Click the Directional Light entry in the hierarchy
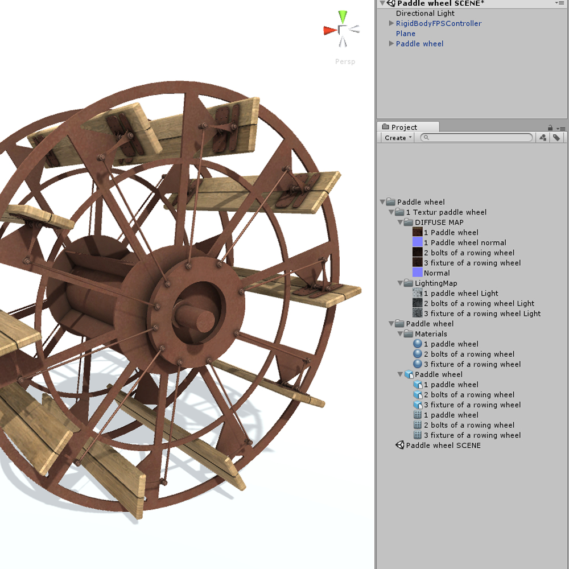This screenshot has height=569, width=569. click(x=425, y=13)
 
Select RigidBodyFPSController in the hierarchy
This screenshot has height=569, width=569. click(x=438, y=23)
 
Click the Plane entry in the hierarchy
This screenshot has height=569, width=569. click(x=406, y=34)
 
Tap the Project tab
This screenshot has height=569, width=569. click(x=403, y=127)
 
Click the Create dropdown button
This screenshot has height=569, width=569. click(x=397, y=138)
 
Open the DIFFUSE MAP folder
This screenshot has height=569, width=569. click(x=439, y=222)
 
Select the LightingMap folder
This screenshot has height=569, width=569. click(x=435, y=283)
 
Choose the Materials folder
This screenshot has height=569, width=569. click(x=431, y=334)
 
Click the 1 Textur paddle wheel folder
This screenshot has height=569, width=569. click(x=446, y=212)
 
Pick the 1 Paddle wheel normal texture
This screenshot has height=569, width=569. click(x=464, y=242)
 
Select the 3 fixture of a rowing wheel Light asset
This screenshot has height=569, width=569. click(x=482, y=314)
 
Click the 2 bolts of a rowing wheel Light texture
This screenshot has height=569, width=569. click(x=479, y=303)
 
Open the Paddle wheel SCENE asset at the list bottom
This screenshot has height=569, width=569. click(x=443, y=446)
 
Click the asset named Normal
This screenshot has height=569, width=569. click(x=436, y=273)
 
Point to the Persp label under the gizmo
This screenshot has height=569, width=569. click(x=345, y=61)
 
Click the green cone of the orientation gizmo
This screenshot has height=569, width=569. click(x=342, y=16)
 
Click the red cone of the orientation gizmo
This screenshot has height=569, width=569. click(x=329, y=30)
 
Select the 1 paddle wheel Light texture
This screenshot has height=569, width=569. click(x=460, y=294)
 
